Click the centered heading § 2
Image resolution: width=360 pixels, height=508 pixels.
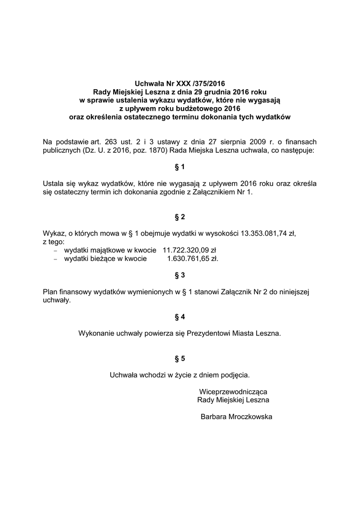coord(180,217)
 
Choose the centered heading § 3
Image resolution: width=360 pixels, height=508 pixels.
coord(180,275)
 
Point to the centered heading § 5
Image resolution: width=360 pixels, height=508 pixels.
coord(180,358)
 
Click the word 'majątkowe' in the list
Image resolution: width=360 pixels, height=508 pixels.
coord(102,251)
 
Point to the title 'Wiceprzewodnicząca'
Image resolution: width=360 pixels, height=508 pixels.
coord(233,391)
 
